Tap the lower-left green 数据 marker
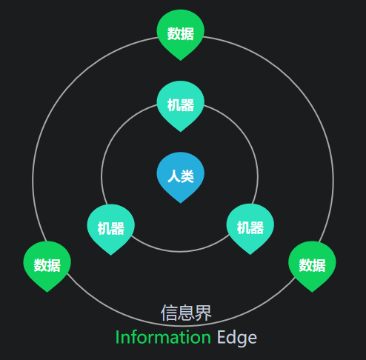point(47,266)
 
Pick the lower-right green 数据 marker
point(312,266)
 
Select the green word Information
point(163,337)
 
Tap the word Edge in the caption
point(237,339)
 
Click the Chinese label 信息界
point(186,313)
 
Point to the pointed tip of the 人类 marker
point(181,203)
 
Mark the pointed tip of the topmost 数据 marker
point(181,61)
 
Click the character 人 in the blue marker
point(174,176)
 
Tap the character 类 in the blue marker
point(187,176)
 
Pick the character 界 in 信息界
point(204,313)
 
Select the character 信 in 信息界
point(169,313)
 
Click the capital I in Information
point(117,337)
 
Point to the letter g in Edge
point(242,340)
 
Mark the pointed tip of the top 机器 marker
point(181,132)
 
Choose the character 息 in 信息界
point(186,313)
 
